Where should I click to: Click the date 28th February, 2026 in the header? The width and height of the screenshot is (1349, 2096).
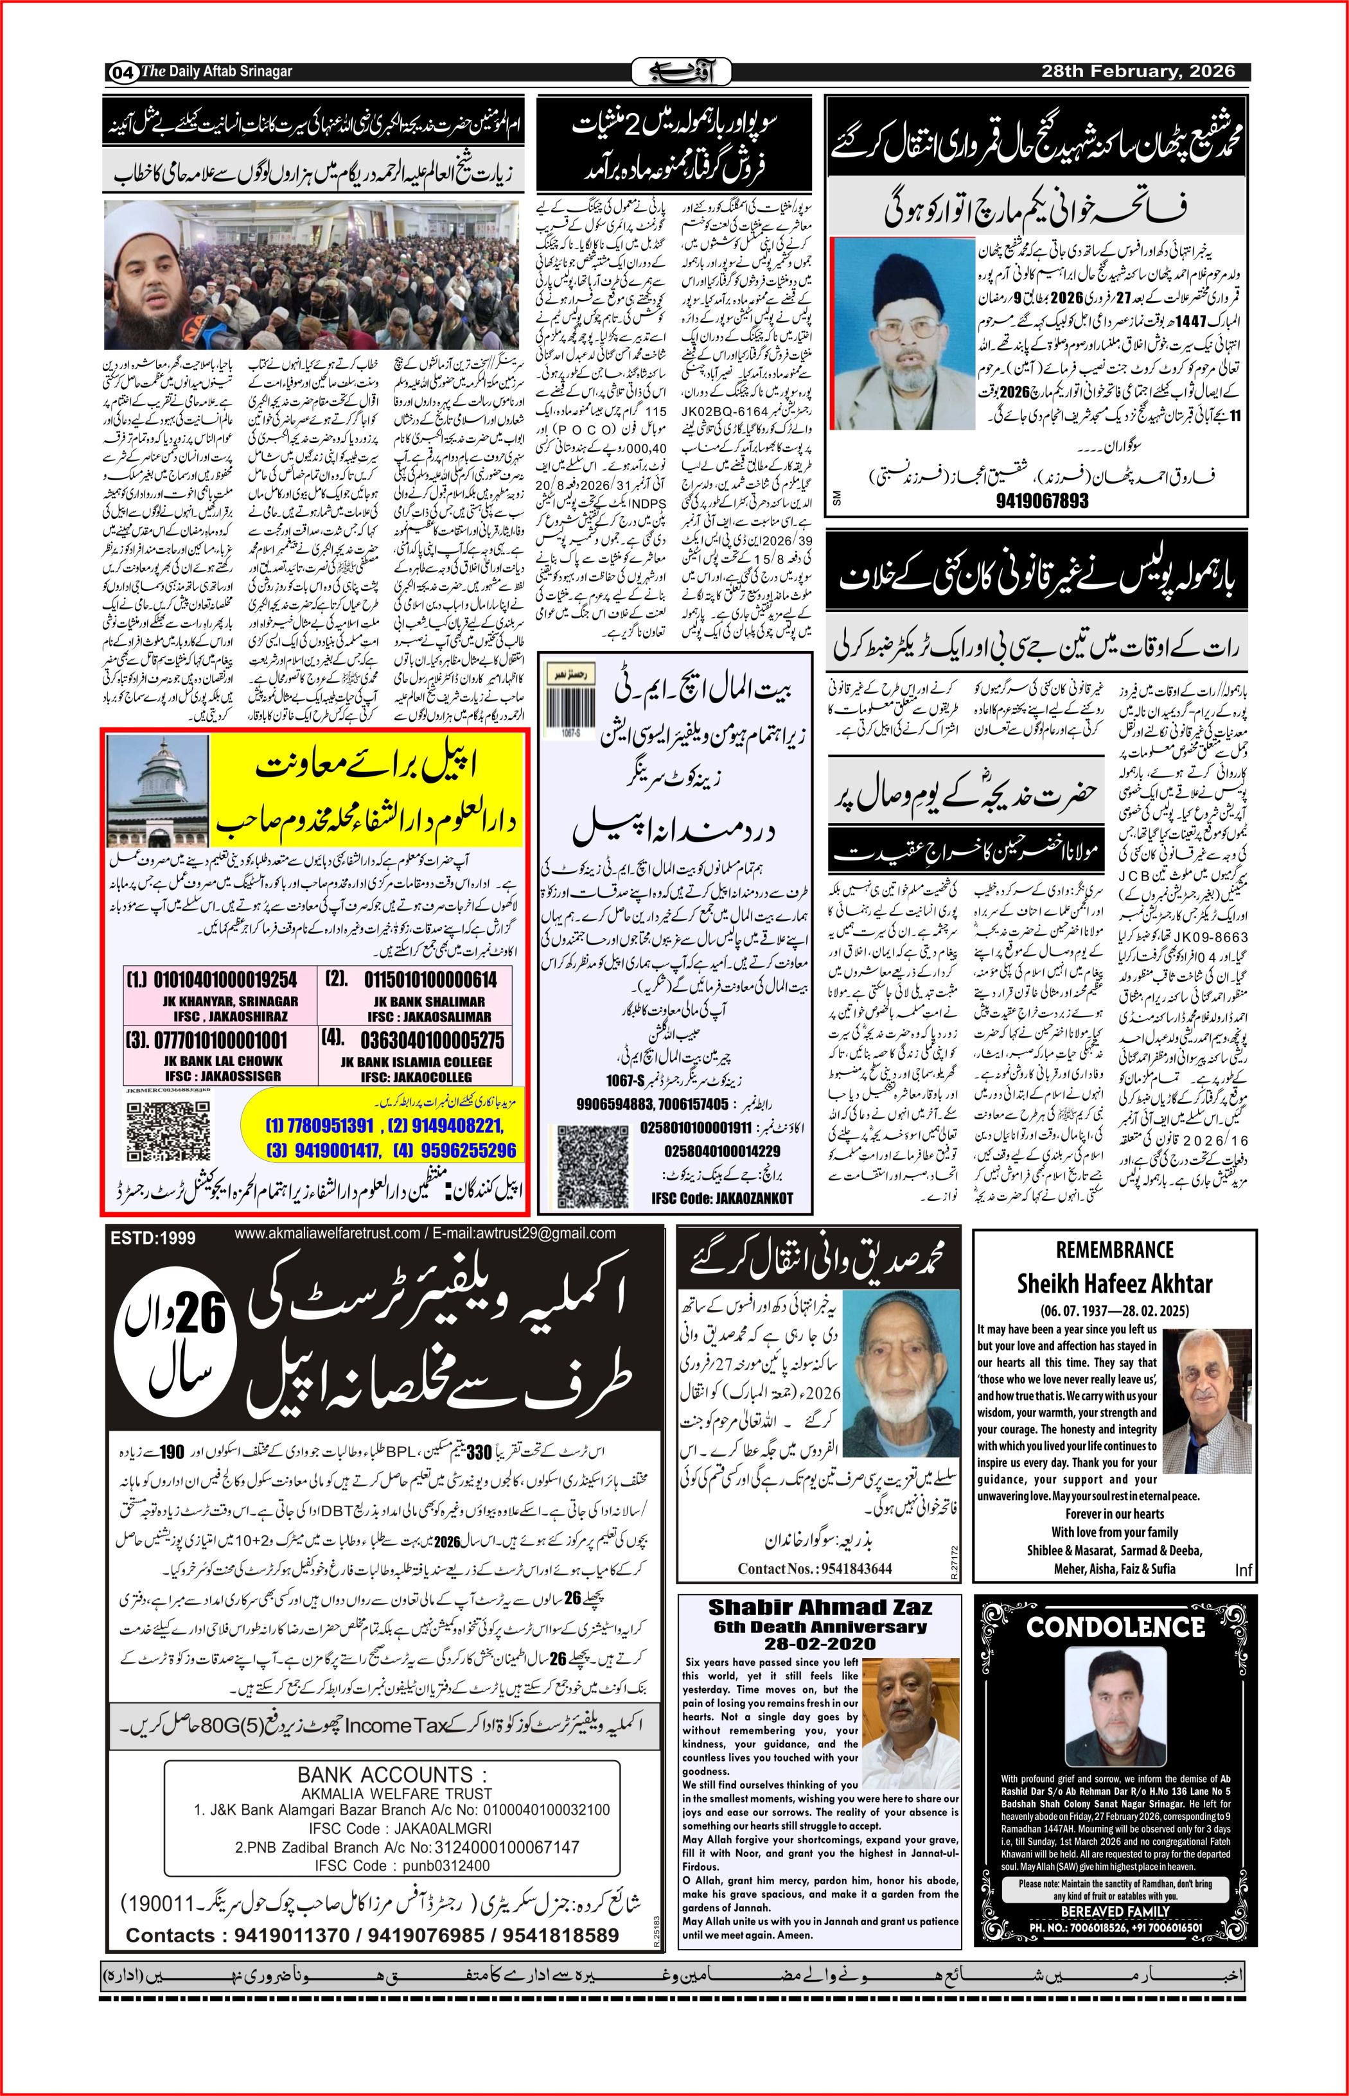pos(1138,72)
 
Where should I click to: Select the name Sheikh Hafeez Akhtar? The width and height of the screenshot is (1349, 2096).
pos(1115,1284)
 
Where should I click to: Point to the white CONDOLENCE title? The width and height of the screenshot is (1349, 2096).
pos(1115,1627)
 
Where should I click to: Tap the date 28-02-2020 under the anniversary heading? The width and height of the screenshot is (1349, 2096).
pos(820,1643)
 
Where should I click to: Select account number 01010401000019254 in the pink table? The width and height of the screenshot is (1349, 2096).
pos(224,979)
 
